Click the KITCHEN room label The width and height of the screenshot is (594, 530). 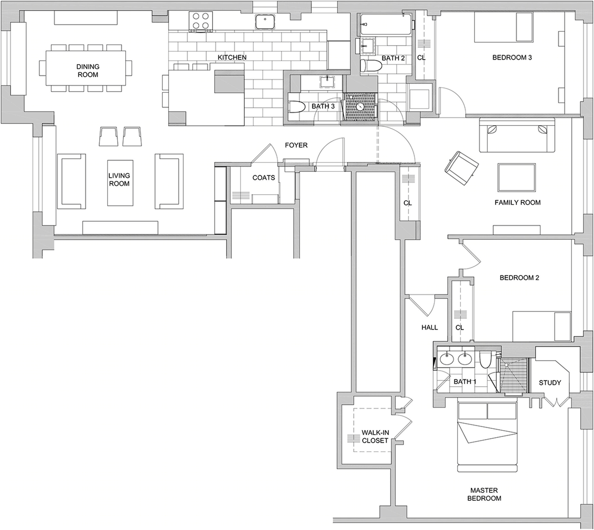(232, 57)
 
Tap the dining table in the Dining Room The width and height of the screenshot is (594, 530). (86, 68)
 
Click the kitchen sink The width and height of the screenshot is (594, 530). (265, 22)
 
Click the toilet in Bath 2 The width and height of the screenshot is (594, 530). (371, 66)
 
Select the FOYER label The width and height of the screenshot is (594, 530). (296, 145)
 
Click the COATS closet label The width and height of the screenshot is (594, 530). (264, 178)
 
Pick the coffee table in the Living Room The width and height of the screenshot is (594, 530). (120, 183)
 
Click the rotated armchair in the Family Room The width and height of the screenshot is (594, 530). (461, 167)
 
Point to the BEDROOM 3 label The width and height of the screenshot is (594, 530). (512, 57)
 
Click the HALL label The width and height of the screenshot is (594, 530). (430, 327)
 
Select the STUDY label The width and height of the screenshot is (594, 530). (550, 383)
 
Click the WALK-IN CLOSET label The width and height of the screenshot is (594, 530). (375, 437)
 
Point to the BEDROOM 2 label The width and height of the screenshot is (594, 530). (520, 277)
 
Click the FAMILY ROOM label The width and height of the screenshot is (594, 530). (517, 202)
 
